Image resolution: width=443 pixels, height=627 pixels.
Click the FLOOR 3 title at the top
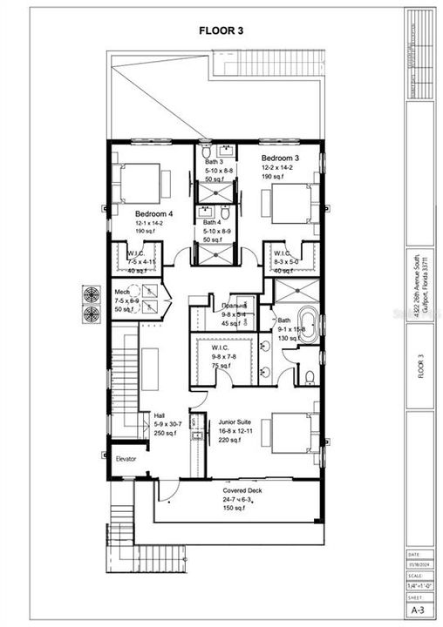[221, 30]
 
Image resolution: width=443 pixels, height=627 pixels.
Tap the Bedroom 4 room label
[153, 212]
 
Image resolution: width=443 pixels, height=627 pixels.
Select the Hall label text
[159, 415]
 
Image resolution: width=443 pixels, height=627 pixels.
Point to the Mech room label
[124, 293]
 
